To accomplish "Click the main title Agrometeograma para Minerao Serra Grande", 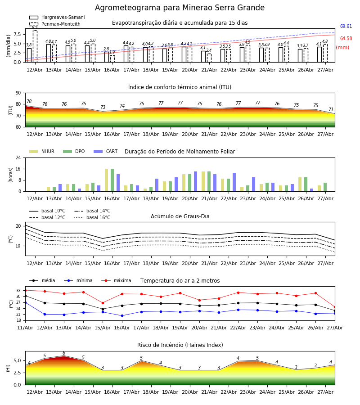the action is [180, 8].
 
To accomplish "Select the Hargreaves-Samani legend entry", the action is [57, 17].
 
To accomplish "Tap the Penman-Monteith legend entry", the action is [55, 24].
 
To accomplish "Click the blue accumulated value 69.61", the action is [346, 27].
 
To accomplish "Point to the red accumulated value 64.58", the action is [346, 39].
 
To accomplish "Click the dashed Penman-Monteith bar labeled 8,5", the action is [35, 46].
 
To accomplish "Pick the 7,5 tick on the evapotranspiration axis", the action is [19, 34].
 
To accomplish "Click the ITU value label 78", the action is [29, 102].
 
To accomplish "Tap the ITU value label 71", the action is [331, 109].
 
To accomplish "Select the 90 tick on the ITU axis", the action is [18, 93].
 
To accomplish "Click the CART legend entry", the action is [106, 151].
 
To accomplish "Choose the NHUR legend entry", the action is [42, 151].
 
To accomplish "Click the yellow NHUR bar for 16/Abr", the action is [106, 180].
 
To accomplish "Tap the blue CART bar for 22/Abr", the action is [234, 182].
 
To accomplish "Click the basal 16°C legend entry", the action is [92, 217].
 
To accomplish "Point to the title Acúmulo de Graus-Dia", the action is [180, 216].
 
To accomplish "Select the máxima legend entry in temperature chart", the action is [116, 280].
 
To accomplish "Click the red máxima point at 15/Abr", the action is [103, 303].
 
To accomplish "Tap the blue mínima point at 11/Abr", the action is [25, 302].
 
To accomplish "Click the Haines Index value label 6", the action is [64, 353].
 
